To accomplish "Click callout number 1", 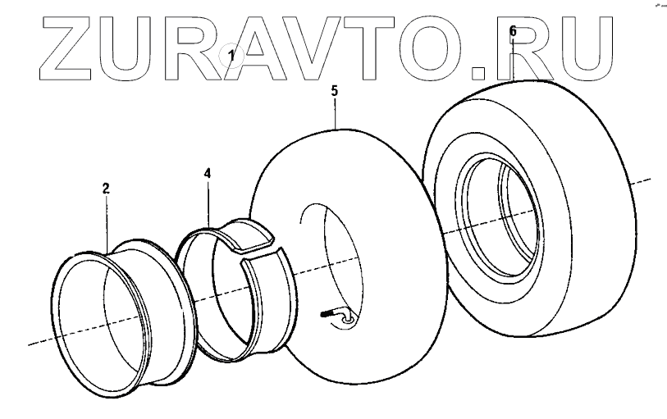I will (x=231, y=56).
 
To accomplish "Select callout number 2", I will (x=106, y=189).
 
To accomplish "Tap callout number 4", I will (x=208, y=174).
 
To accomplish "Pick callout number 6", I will (x=513, y=31).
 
